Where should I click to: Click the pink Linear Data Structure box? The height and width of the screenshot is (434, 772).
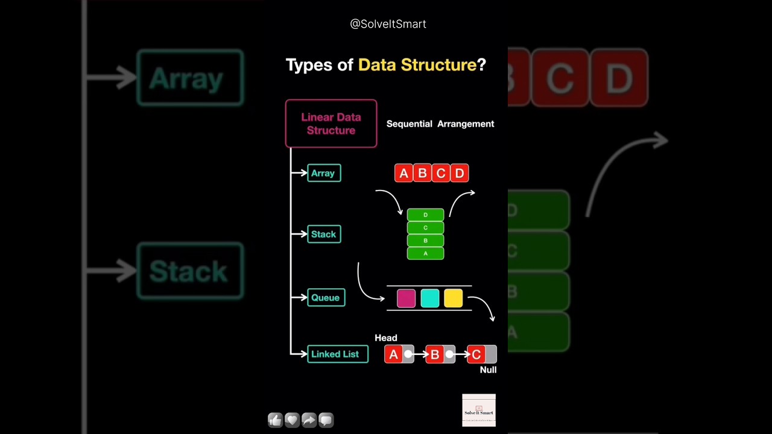pyautogui.click(x=331, y=124)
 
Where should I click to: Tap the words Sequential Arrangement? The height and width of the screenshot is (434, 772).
pyautogui.click(x=440, y=124)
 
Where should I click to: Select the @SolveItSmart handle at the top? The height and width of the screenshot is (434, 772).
pyautogui.click(x=388, y=24)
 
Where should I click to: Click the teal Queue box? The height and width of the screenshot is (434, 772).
pyautogui.click(x=326, y=297)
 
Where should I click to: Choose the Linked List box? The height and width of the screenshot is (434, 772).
pyautogui.click(x=337, y=354)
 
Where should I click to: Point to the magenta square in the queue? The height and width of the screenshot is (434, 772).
pyautogui.click(x=406, y=298)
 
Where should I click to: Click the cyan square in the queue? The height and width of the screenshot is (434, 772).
pyautogui.click(x=429, y=298)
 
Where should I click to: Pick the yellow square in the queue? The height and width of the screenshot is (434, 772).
pyautogui.click(x=453, y=298)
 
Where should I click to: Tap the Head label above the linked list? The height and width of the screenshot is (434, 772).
pyautogui.click(x=386, y=338)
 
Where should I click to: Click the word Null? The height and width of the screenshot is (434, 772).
pyautogui.click(x=488, y=370)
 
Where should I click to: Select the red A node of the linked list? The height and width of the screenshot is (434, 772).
pyautogui.click(x=393, y=354)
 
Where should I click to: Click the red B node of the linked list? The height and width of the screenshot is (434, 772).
pyautogui.click(x=434, y=354)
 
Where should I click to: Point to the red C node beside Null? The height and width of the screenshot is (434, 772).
pyautogui.click(x=476, y=354)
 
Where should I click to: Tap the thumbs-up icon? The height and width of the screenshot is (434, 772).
pyautogui.click(x=275, y=420)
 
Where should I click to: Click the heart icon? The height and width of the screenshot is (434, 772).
pyautogui.click(x=292, y=420)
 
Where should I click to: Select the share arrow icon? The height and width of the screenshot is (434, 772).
pyautogui.click(x=309, y=420)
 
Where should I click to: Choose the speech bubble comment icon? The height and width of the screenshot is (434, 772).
pyautogui.click(x=326, y=420)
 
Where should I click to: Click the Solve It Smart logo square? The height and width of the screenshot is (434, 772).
pyautogui.click(x=479, y=410)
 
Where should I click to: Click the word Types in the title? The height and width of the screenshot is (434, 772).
pyautogui.click(x=310, y=65)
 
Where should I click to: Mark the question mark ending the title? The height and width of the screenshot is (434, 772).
pyautogui.click(x=481, y=65)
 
